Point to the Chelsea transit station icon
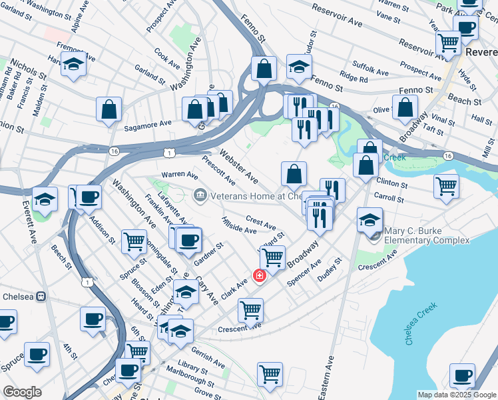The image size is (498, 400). tap(40, 296)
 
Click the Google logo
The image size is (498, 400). tap(22, 392)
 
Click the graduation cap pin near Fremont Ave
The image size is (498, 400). tap(74, 65)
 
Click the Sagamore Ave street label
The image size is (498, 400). tap(148, 123)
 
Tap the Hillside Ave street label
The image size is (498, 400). tap(240, 225)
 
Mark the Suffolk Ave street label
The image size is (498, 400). tap(370, 69)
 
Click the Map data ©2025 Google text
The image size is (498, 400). tap(455, 395)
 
